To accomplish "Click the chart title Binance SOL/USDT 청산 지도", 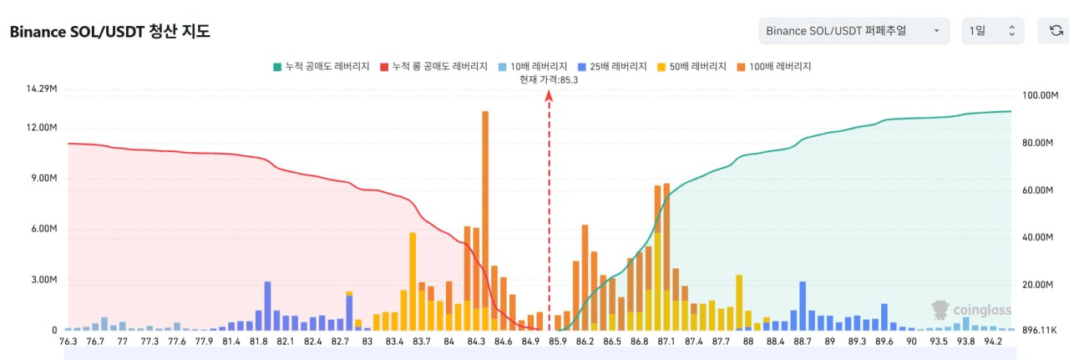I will (x=109, y=32).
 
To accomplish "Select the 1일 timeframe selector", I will (x=992, y=31).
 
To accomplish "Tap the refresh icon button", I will (x=1056, y=31).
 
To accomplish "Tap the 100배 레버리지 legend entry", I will (x=774, y=67).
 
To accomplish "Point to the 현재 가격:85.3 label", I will (x=549, y=80).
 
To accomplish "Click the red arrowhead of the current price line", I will (x=549, y=96).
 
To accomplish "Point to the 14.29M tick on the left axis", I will (x=42, y=89).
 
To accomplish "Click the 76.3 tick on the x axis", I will (x=68, y=342).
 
